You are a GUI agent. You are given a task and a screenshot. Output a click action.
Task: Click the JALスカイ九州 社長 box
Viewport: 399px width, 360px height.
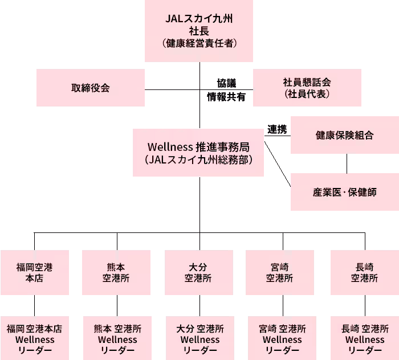199,31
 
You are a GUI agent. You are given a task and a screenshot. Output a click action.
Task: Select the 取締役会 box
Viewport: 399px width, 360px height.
91,88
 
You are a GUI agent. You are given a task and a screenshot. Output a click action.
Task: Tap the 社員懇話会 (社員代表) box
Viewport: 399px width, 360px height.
307,88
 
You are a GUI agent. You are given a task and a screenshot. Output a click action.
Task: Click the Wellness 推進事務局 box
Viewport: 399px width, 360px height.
198,153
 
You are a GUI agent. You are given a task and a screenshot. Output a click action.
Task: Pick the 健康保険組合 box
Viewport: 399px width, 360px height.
345,135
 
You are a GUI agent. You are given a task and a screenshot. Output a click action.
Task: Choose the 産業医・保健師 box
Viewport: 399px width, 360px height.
345,192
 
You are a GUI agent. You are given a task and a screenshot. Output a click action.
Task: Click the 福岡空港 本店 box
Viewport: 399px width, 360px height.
35,272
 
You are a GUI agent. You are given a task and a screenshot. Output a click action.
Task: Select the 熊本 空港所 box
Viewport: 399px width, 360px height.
116,272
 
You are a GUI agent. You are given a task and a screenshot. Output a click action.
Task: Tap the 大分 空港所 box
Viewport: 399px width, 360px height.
199,272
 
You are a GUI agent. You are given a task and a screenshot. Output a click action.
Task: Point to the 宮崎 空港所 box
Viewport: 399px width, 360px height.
280,272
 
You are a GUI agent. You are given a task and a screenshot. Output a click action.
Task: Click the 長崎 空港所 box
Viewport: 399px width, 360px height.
365,272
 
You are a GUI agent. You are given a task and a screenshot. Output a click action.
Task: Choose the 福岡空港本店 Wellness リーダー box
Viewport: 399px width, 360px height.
35,338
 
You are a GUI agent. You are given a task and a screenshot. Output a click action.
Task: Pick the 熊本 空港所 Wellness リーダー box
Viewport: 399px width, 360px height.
117,338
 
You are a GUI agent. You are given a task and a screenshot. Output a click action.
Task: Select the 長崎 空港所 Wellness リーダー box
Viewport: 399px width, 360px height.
365,338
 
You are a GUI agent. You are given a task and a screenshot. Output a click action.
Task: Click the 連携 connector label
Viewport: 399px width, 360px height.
277,129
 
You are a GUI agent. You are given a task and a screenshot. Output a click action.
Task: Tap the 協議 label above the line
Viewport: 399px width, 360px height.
226,83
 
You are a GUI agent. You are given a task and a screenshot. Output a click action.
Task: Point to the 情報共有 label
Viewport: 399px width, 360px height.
226,97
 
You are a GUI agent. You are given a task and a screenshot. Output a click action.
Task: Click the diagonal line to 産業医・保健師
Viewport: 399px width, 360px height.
278,164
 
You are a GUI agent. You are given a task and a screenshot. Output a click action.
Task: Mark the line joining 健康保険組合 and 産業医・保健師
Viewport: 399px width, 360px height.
347,163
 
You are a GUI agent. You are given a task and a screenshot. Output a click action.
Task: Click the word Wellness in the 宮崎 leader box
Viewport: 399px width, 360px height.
282,339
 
